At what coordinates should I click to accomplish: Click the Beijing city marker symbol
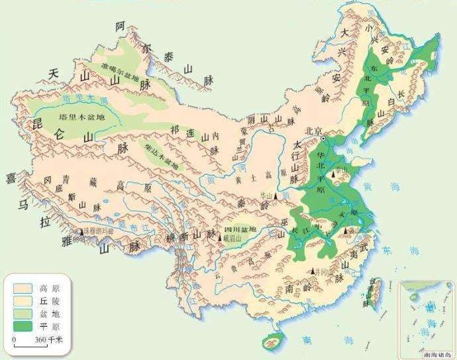[x=324, y=139]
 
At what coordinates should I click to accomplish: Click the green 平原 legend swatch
[x=22, y=326]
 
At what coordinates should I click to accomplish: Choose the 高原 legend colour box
[x=22, y=289]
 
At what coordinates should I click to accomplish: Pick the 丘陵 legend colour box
[x=22, y=301]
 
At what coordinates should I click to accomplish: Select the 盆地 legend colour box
[x=22, y=313]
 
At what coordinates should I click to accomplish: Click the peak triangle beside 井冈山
[x=313, y=271]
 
